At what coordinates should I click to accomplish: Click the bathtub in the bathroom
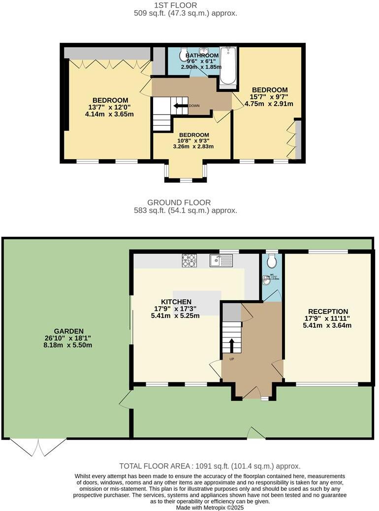[x=228, y=66]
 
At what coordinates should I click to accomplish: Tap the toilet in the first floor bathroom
[x=184, y=53]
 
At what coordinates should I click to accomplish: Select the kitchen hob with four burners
[x=189, y=260]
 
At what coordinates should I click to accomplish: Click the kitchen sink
[x=221, y=260]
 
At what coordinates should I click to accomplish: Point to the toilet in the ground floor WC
[x=271, y=260]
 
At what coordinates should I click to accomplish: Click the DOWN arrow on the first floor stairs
[x=180, y=105]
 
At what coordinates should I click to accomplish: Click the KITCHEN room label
[x=176, y=302]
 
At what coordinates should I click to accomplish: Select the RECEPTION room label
[x=328, y=312]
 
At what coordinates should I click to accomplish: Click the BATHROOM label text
[x=202, y=56]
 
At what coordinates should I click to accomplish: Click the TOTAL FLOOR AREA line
[x=209, y=466]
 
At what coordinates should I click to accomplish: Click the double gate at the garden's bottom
[x=38, y=446]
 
